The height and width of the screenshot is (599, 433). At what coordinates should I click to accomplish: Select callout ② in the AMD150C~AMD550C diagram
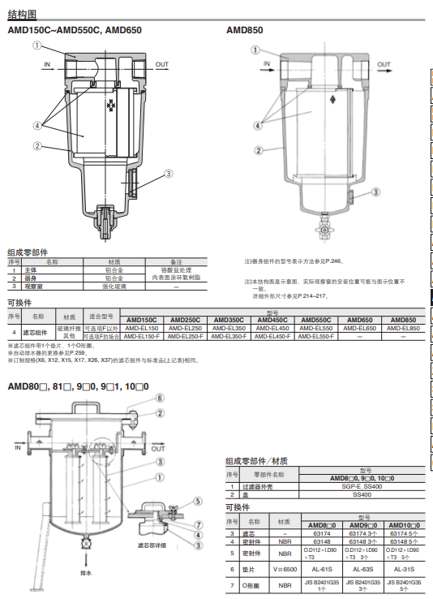[x=37, y=146]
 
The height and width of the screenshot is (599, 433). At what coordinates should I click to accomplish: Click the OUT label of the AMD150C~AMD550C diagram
[x=162, y=63]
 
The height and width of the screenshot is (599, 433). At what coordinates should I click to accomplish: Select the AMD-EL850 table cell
[x=403, y=328]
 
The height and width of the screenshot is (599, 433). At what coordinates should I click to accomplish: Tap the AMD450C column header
[x=274, y=321]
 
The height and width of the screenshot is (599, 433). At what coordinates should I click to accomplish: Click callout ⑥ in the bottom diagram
[x=161, y=398]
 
